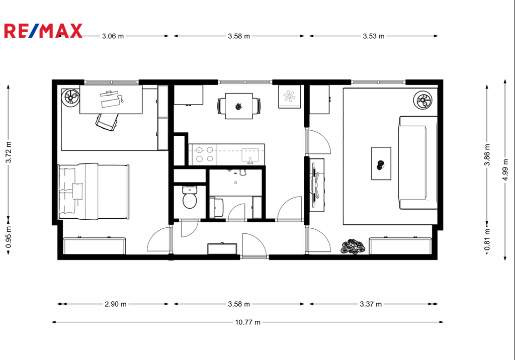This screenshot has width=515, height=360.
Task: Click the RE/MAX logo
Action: (x=43, y=31)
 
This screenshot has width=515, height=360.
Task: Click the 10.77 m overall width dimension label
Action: (x=247, y=322)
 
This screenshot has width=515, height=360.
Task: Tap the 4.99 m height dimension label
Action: (x=505, y=169)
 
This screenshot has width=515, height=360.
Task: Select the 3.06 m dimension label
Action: (x=113, y=36)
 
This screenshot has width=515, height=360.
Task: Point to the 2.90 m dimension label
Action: (x=116, y=304)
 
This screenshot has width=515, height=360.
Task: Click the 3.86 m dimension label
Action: (x=487, y=155)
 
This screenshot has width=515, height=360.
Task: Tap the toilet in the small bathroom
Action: (x=190, y=197)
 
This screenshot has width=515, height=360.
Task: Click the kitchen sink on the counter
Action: (x=250, y=155)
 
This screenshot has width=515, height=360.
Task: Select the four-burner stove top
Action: (x=204, y=154)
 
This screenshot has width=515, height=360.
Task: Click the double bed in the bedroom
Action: (x=94, y=192)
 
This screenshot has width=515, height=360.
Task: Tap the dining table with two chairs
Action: (x=239, y=106)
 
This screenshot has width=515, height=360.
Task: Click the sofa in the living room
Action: (x=418, y=162)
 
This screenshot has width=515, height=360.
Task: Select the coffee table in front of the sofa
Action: (x=381, y=163)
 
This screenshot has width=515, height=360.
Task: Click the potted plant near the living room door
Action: (x=353, y=246)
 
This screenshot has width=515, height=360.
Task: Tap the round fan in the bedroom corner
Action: (x=70, y=98)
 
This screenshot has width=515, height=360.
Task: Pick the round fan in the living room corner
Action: (x=422, y=100)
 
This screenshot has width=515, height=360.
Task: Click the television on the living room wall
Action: (x=316, y=185)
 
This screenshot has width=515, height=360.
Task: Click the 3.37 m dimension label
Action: (x=371, y=304)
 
